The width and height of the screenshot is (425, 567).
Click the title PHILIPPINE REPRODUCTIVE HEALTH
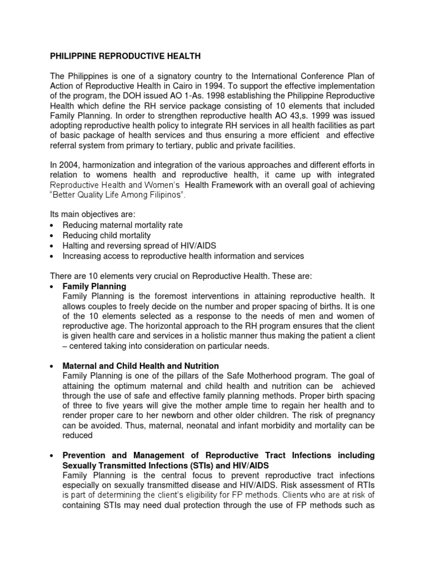pyautogui.click(x=126, y=56)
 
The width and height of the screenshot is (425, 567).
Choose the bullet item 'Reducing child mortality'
pyautogui.click(x=107, y=235)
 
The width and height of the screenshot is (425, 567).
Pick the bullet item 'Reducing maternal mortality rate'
pyautogui.click(x=122, y=225)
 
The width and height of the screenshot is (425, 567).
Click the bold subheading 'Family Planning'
pyautogui.click(x=95, y=287)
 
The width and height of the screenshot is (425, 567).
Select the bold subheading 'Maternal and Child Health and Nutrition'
pyautogui.click(x=141, y=366)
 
